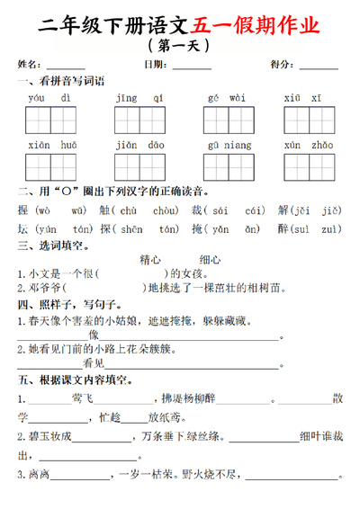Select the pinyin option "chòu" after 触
165,210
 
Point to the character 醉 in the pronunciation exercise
283,228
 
